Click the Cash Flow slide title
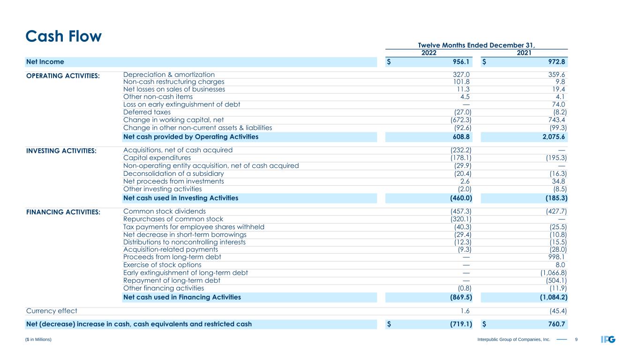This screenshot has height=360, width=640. pyautogui.click(x=63, y=36)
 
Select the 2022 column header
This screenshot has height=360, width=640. pyautogui.click(x=429, y=53)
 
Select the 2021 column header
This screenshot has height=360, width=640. pyautogui.click(x=524, y=53)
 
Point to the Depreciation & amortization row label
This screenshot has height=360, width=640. pyautogui.click(x=169, y=75)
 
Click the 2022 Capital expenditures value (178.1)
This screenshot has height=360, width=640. pyautogui.click(x=458, y=158)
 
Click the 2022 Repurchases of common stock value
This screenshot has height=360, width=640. pyautogui.click(x=458, y=219)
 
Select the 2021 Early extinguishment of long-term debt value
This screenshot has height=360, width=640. pyautogui.click(x=550, y=273)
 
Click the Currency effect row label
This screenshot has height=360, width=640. pyautogui.click(x=51, y=310)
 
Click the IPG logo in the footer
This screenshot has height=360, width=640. pyautogui.click(x=608, y=339)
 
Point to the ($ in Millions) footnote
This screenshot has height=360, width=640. pyautogui.click(x=38, y=339)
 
